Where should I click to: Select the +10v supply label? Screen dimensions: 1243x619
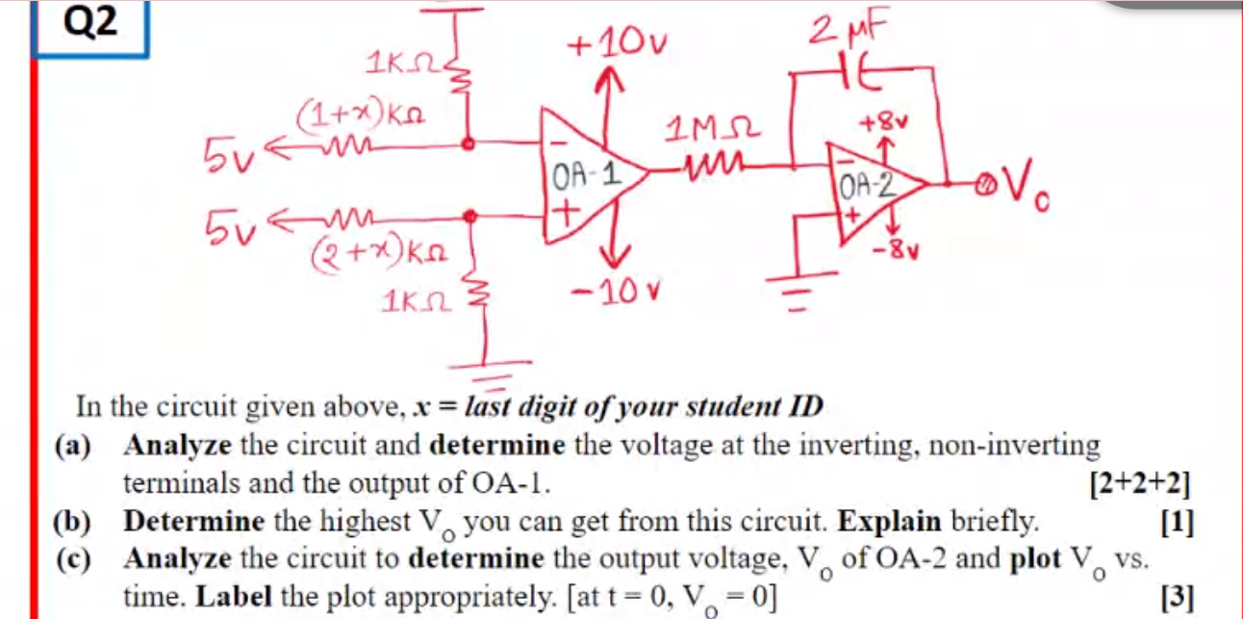click(x=617, y=44)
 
